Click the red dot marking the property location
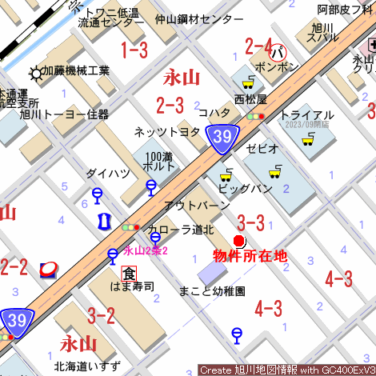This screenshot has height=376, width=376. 238,241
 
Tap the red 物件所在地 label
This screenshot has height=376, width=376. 249,256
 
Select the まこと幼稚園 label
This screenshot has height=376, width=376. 213,291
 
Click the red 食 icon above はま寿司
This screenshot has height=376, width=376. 129,272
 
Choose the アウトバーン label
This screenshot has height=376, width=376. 197,206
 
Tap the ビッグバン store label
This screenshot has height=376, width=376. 245,189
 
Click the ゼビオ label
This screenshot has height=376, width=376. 262,150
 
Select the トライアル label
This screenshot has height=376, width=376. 307,114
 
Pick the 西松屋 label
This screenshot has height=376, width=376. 250,99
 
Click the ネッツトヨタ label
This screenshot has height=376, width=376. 167,131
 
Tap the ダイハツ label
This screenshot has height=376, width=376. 108,173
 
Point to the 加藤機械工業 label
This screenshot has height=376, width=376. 76,72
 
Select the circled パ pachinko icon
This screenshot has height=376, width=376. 278,53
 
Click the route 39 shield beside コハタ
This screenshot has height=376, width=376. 222,138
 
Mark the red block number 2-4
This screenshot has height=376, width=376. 259,45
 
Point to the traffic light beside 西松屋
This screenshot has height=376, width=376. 255,117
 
